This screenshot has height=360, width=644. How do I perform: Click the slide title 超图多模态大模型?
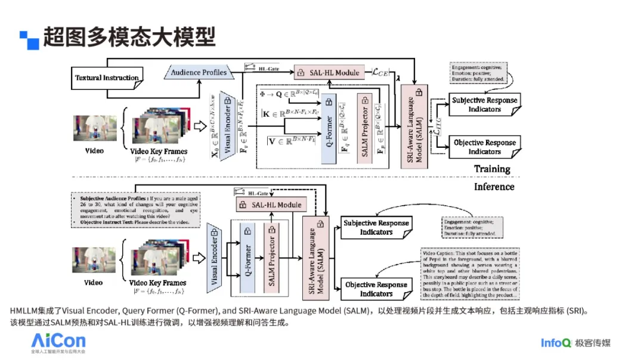click(x=129, y=38)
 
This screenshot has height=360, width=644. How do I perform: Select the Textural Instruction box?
click(x=107, y=77)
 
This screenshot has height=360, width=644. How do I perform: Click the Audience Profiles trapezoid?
click(x=199, y=73)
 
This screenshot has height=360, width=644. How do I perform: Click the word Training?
click(x=492, y=169)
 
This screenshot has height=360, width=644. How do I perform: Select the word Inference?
click(x=494, y=187)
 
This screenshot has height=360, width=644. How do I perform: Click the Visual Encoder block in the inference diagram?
click(x=215, y=257)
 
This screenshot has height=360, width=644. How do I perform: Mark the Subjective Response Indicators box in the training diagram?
click(x=484, y=104)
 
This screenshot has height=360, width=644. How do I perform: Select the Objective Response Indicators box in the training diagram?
click(x=484, y=147)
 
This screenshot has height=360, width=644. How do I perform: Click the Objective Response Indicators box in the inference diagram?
click(x=376, y=289)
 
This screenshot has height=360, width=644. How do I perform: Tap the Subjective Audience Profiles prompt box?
click(x=136, y=210)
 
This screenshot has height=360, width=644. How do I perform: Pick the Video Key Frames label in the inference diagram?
click(x=157, y=283)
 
